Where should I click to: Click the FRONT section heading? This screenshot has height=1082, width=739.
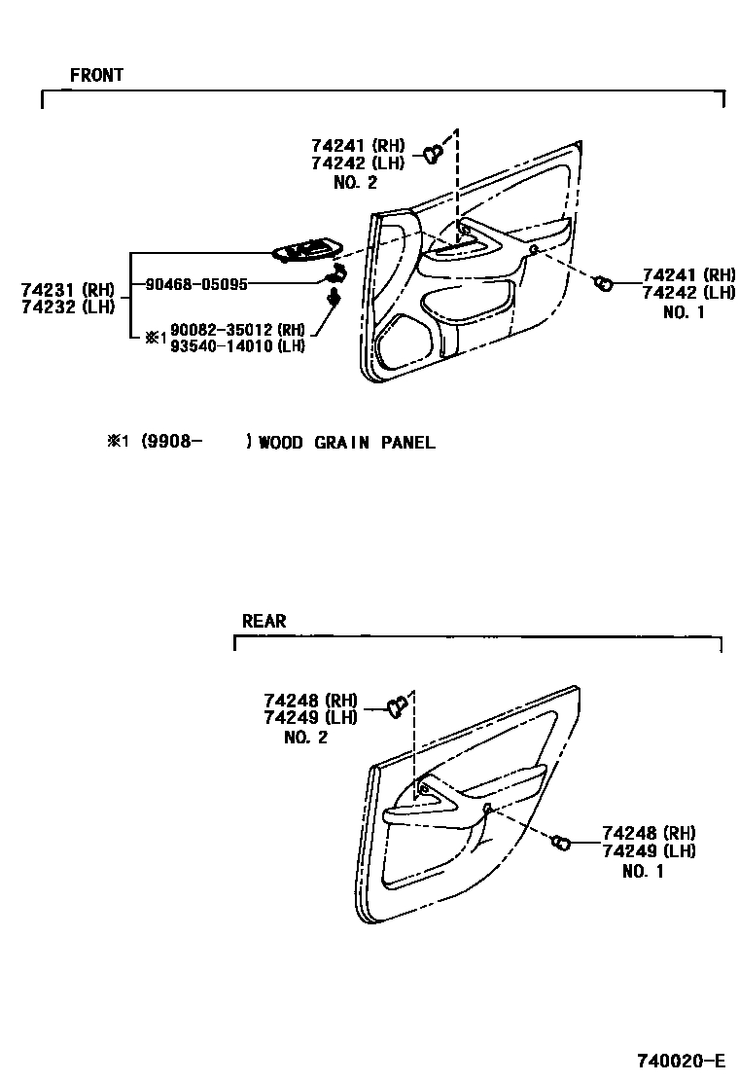pyautogui.click(x=96, y=75)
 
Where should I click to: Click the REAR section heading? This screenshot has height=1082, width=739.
pyautogui.click(x=264, y=621)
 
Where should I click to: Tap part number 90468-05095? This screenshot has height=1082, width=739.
pyautogui.click(x=196, y=284)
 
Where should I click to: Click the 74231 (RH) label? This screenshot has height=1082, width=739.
pyautogui.click(x=67, y=289)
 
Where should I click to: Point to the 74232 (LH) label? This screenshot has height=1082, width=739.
pyautogui.click(x=67, y=306)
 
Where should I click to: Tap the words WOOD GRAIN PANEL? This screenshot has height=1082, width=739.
pyautogui.click(x=347, y=443)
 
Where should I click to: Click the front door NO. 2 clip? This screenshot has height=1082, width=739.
pyautogui.click(x=434, y=152)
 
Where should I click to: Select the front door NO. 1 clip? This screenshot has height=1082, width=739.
pyautogui.click(x=603, y=283)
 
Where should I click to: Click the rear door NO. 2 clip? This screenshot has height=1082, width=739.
pyautogui.click(x=396, y=706)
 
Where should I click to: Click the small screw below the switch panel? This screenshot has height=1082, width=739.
pyautogui.click(x=334, y=295)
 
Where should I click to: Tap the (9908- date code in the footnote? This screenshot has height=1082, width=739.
pyautogui.click(x=172, y=443)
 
